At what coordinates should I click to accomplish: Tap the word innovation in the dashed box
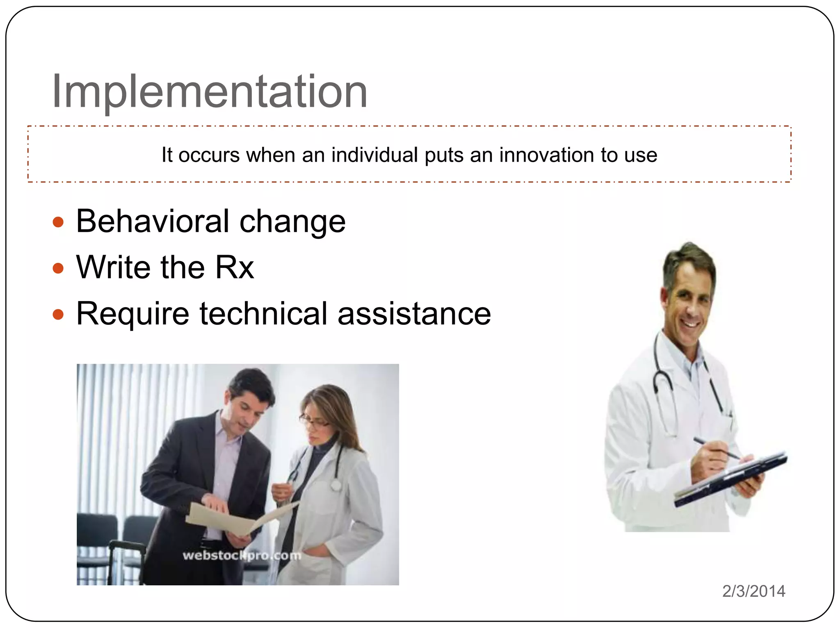546,155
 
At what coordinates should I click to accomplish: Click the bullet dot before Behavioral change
59,222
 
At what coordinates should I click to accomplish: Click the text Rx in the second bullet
234,267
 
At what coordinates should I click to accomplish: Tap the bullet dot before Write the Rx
59,269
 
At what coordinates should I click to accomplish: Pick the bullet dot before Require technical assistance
59,315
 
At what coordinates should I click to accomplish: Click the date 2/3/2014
753,591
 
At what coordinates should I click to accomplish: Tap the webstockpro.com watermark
242,556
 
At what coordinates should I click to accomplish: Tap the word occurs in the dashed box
209,155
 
